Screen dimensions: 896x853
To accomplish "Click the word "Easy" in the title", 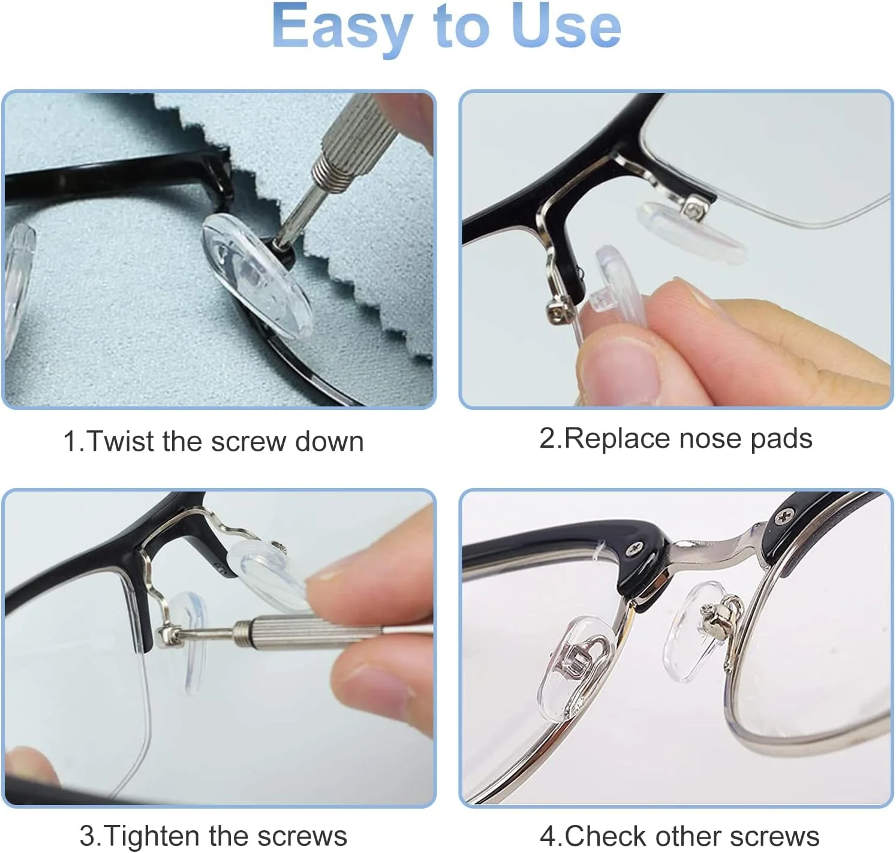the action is pos(342,28).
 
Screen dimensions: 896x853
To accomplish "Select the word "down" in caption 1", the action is pos(329,441).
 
